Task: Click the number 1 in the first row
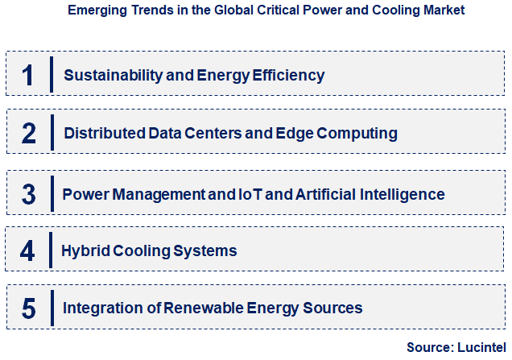click(x=27, y=75)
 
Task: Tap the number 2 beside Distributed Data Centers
click(x=29, y=133)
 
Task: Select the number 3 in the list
click(x=29, y=194)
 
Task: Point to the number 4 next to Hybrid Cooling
click(x=27, y=250)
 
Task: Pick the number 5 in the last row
click(x=29, y=308)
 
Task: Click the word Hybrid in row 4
click(x=84, y=251)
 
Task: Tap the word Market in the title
click(x=440, y=11)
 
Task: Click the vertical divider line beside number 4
click(x=51, y=250)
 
